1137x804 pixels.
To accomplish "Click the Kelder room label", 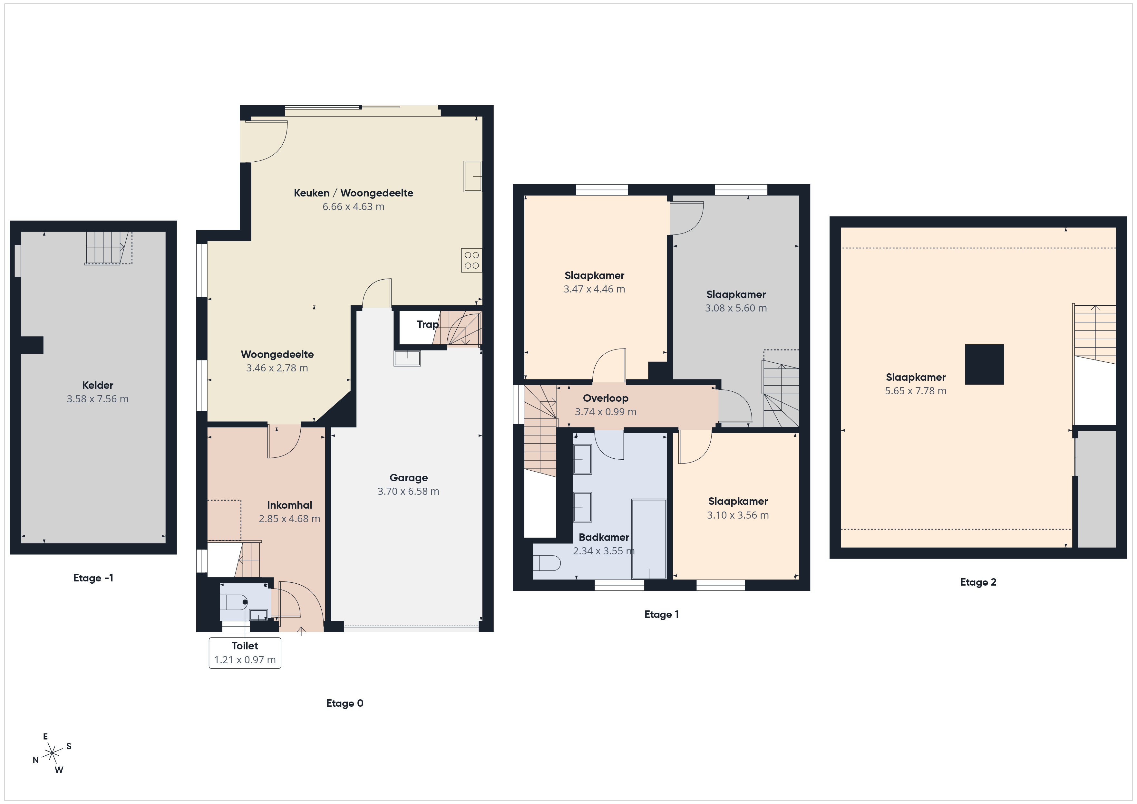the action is [98, 385].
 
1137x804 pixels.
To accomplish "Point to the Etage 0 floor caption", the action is [345, 703].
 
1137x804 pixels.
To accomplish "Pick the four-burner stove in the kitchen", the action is [472, 260].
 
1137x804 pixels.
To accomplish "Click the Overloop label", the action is [606, 398].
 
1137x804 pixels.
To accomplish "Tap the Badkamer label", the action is [604, 537].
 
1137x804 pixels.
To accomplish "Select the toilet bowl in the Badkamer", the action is [547, 563].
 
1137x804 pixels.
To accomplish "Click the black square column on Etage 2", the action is [984, 364].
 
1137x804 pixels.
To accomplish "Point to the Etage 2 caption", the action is [978, 582].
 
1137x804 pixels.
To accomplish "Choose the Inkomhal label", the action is [290, 505].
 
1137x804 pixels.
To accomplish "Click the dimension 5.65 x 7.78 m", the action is [916, 391].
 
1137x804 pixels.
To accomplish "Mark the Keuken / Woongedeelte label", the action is [354, 193].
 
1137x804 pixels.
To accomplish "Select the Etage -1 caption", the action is [93, 578].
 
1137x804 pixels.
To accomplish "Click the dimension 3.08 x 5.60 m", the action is [736, 308].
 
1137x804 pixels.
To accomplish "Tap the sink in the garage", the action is [407, 358].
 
